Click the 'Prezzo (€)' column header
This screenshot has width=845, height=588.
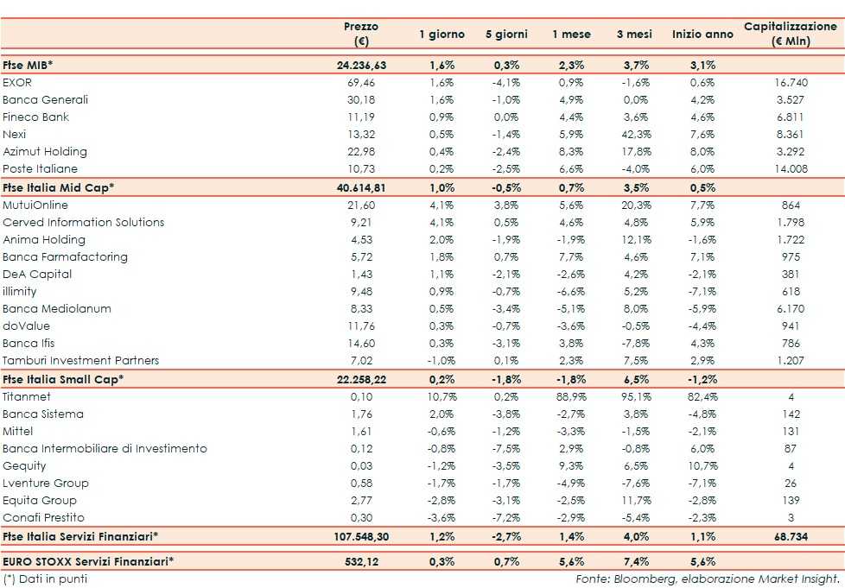click(x=361, y=35)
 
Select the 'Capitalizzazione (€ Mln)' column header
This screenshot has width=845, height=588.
click(x=790, y=35)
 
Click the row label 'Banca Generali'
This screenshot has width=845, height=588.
click(x=46, y=99)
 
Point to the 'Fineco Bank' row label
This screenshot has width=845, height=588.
click(x=36, y=117)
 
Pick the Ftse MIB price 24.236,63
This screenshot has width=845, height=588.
click(x=361, y=65)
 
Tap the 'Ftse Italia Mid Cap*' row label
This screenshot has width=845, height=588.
click(x=59, y=187)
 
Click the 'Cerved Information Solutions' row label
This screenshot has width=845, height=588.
click(x=84, y=222)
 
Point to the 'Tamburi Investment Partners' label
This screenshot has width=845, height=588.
click(x=81, y=360)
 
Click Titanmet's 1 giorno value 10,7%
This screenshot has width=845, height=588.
click(x=442, y=396)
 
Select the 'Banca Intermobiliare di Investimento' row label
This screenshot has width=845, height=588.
click(x=105, y=448)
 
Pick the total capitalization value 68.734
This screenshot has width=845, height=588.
click(x=790, y=536)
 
